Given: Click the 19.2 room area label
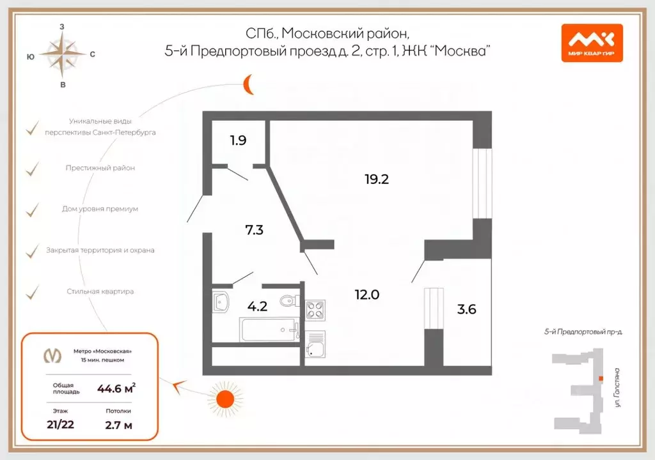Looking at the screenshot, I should [x=377, y=180].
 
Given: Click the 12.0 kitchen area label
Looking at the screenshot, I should [x=367, y=295].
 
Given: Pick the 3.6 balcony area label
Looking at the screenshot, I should [x=467, y=310].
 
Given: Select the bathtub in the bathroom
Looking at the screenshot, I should [x=269, y=330].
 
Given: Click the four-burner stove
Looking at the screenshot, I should [x=315, y=310].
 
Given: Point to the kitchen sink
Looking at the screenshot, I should [x=315, y=348].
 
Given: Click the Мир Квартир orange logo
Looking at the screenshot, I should [x=592, y=42].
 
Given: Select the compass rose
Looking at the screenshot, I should [x=62, y=55].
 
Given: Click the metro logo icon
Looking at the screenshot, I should [x=52, y=355].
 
